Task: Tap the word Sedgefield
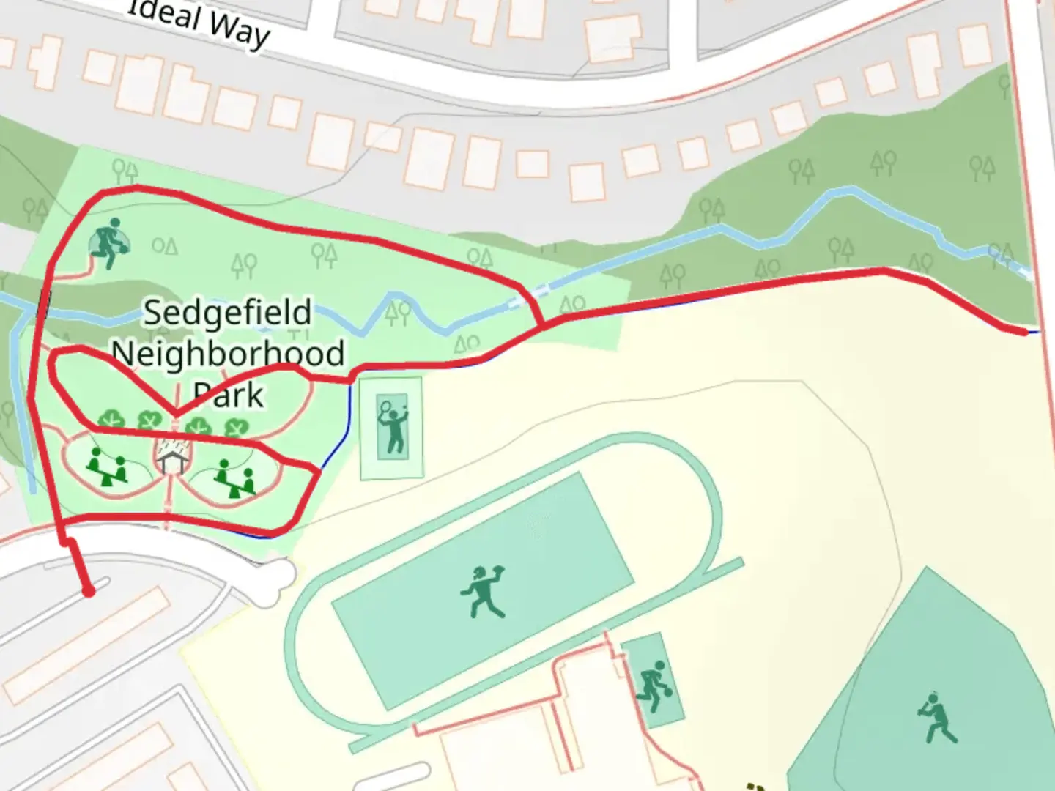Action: pyautogui.click(x=227, y=313)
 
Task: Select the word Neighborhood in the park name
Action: pyautogui.click(x=228, y=354)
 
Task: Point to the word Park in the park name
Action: pyautogui.click(x=228, y=395)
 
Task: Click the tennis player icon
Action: pyautogui.click(x=392, y=425)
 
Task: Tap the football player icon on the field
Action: pyautogui.click(x=484, y=590)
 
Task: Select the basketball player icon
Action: pyautogui.click(x=652, y=686)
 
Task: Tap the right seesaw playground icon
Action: pyautogui.click(x=234, y=478)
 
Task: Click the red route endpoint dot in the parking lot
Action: pyautogui.click(x=89, y=591)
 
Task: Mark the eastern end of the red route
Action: pyautogui.click(x=1023, y=332)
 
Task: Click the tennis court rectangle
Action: pyautogui.click(x=392, y=428)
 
